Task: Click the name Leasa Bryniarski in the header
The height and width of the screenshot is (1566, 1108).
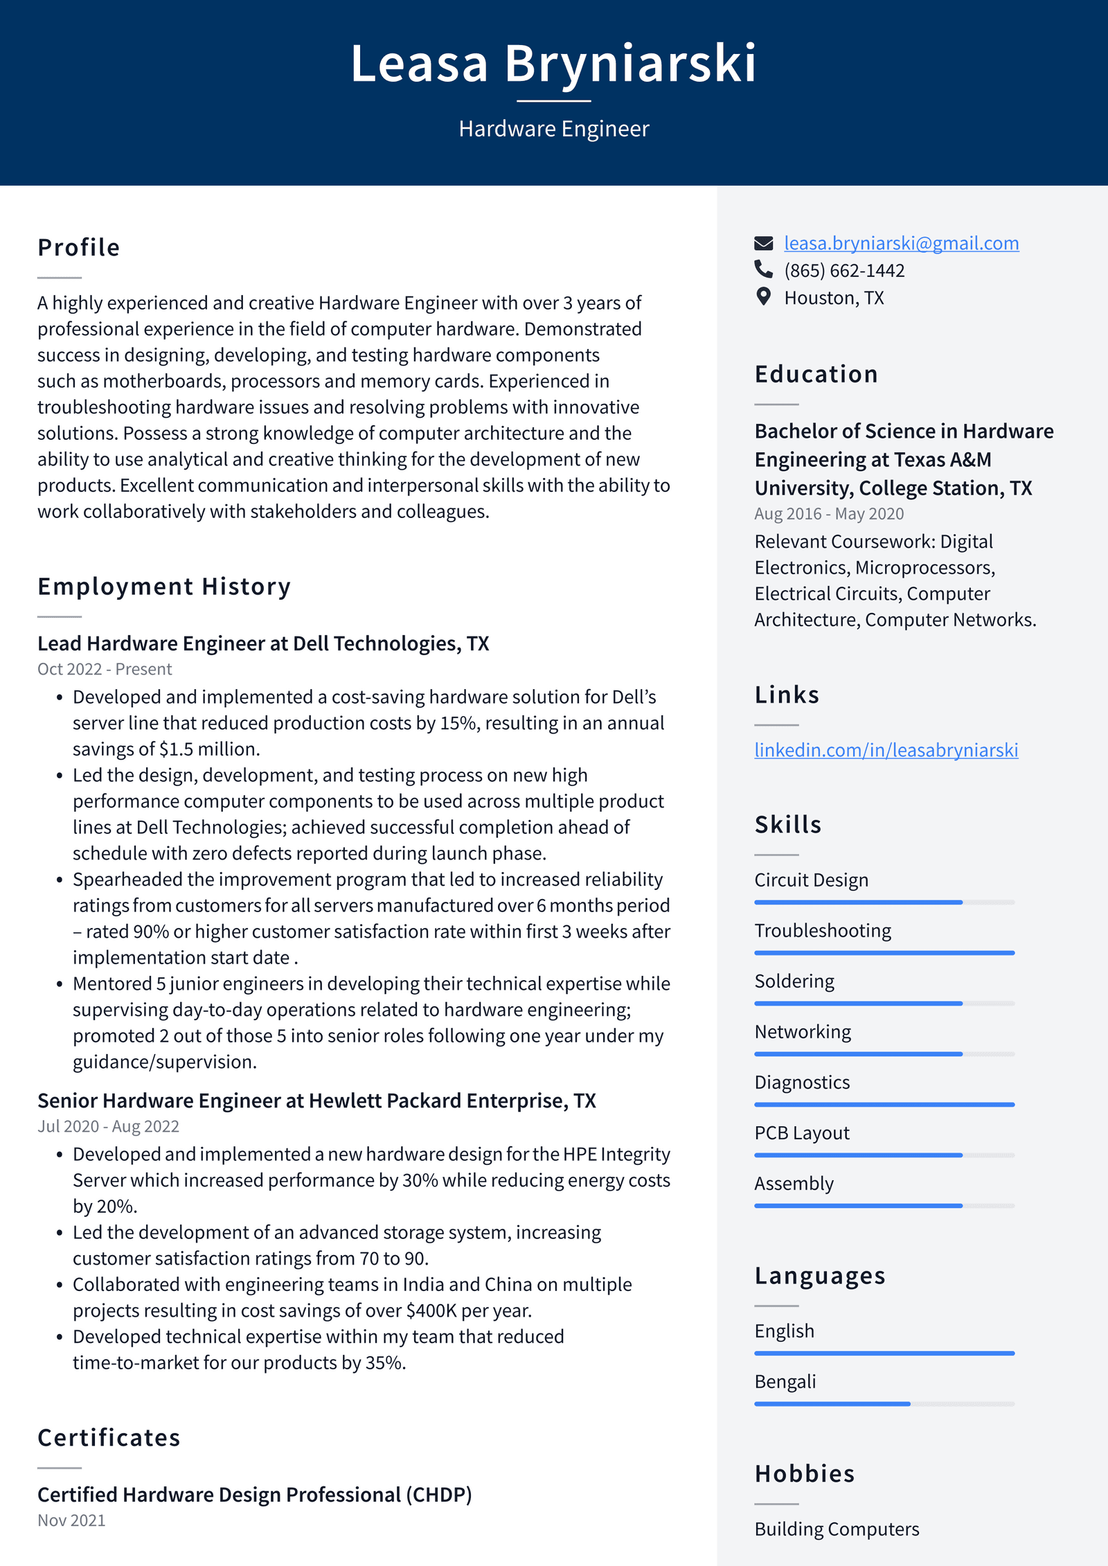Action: [x=553, y=64]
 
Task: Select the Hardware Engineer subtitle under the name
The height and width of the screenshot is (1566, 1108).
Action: [x=553, y=129]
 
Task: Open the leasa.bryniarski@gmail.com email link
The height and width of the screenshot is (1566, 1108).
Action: [x=901, y=243]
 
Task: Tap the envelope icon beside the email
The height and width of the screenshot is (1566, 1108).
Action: [x=763, y=243]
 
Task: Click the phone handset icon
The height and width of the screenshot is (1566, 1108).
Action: [x=763, y=269]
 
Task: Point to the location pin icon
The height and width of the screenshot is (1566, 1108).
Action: [x=763, y=296]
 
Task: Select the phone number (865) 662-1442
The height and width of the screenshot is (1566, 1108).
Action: [x=844, y=271]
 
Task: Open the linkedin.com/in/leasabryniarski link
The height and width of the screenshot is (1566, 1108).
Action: [x=886, y=750]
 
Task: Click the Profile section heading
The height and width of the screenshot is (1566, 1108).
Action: [x=79, y=247]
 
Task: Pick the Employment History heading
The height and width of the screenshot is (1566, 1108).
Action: [x=164, y=587]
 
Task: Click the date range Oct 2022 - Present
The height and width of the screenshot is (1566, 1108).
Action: [x=105, y=669]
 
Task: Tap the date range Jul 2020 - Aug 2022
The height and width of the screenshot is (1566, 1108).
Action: [x=108, y=1126]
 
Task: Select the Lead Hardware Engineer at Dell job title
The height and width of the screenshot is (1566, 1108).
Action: [x=263, y=643]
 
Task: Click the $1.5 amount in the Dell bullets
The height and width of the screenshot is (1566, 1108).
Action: [x=176, y=749]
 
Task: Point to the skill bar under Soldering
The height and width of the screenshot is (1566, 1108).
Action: [x=884, y=1003]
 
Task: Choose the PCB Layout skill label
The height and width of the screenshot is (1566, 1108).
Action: [x=801, y=1133]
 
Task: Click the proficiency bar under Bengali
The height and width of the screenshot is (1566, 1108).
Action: [x=884, y=1404]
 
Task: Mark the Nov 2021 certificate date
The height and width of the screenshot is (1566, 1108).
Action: [x=71, y=1520]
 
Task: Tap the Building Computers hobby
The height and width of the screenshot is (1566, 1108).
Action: [x=837, y=1529]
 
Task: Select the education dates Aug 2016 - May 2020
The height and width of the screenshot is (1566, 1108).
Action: [x=829, y=514]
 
